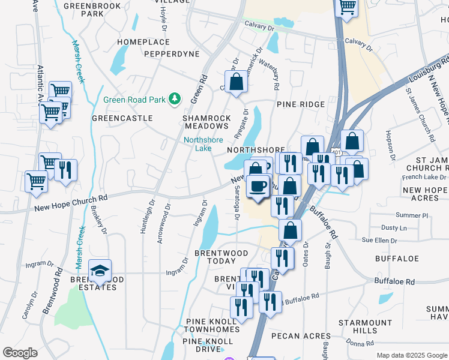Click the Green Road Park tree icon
[175, 98]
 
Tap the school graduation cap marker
[100, 271]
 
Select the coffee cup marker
[258, 187]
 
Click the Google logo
[20, 353]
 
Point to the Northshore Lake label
[203, 144]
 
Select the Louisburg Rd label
[429, 69]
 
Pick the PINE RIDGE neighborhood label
[301, 104]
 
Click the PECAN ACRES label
[294, 336]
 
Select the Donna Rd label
[360, 343]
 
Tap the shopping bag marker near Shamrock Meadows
[237, 82]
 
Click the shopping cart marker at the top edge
[346, 7]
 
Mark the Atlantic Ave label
[41, 84]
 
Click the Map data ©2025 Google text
[412, 355]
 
